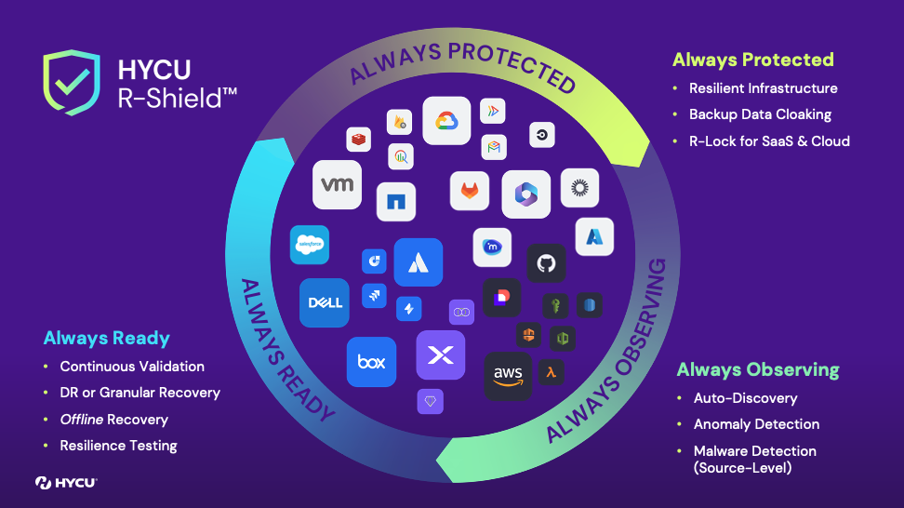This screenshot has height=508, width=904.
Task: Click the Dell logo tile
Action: [325, 302]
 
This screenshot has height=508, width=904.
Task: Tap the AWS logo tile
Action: [508, 376]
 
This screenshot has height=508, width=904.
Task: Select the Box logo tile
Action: [371, 361]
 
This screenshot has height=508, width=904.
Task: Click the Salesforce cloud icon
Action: [310, 245]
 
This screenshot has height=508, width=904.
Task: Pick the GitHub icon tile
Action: [547, 263]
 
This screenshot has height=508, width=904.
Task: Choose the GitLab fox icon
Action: [470, 190]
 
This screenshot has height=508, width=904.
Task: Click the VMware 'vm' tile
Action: [337, 184]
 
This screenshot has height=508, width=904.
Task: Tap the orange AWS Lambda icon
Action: [552, 373]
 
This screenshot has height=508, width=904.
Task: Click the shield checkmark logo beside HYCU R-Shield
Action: [72, 82]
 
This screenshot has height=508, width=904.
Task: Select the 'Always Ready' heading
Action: [107, 338]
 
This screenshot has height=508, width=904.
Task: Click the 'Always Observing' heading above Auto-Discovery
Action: [758, 369]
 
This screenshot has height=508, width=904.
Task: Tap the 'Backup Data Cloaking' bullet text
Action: [760, 114]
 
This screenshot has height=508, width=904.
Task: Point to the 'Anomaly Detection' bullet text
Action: [756, 424]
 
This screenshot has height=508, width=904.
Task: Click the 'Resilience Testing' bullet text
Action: [118, 446]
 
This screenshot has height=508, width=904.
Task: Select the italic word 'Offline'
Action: [81, 420]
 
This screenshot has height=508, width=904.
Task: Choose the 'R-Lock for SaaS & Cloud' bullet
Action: [769, 141]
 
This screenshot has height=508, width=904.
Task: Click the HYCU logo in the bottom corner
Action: [66, 482]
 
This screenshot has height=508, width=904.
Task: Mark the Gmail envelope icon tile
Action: [494, 147]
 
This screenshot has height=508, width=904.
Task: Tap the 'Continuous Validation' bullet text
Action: [132, 367]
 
